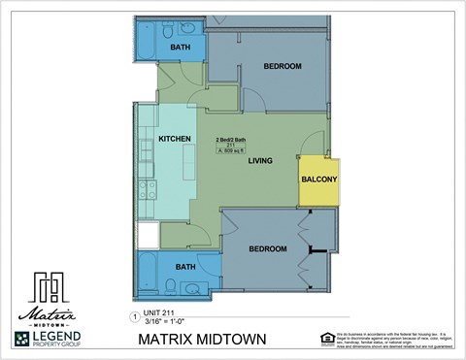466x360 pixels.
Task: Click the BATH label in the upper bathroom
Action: click(x=181, y=47)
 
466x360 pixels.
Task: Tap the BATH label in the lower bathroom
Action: click(x=185, y=267)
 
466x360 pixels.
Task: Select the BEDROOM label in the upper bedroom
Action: click(x=283, y=66)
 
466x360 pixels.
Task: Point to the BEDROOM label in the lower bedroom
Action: click(x=268, y=249)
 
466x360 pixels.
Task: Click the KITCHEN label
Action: click(x=175, y=140)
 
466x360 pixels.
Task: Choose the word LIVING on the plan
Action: click(x=259, y=160)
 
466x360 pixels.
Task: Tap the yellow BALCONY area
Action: click(x=319, y=180)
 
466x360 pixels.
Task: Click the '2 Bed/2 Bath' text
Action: click(x=230, y=140)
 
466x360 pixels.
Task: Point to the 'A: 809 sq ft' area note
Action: click(x=231, y=151)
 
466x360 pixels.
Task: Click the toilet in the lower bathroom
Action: click(x=170, y=285)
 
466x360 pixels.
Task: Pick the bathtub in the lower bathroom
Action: click(x=149, y=273)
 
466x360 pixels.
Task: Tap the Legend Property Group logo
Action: click(x=48, y=339)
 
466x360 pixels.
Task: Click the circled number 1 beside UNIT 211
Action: click(x=134, y=316)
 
